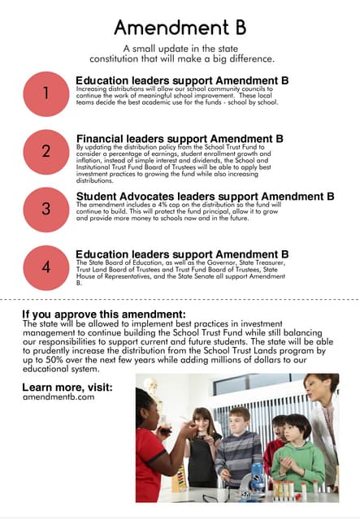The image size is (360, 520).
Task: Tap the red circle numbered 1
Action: pyautogui.click(x=46, y=93)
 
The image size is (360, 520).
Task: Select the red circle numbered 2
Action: pyautogui.click(x=46, y=150)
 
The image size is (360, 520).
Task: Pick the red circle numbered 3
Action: pyautogui.click(x=46, y=209)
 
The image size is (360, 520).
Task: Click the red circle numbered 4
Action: pyautogui.click(x=46, y=267)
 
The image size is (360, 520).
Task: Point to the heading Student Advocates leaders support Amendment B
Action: pyautogui.click(x=205, y=196)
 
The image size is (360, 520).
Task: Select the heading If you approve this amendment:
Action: pyautogui.click(x=104, y=314)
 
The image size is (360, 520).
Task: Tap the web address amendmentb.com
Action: pyautogui.click(x=59, y=397)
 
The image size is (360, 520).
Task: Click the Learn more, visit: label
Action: pyautogui.click(x=67, y=387)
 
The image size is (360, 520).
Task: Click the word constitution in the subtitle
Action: pyautogui.click(x=124, y=59)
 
